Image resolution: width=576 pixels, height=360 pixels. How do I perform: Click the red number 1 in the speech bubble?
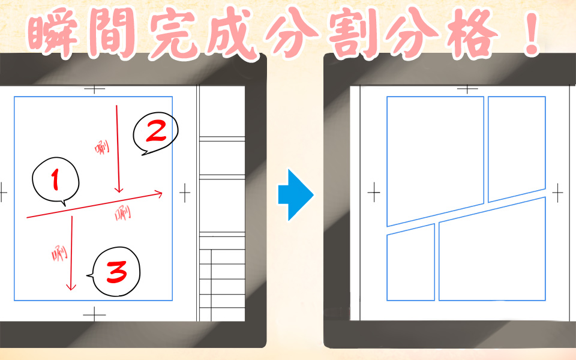click(55, 179)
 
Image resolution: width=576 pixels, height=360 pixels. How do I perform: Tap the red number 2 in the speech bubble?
click(156, 131)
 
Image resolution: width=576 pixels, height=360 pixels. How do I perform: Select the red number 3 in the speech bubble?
click(117, 272)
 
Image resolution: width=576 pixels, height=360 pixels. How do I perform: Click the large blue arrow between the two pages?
click(296, 194)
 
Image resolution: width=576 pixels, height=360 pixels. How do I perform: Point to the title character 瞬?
click(53, 32)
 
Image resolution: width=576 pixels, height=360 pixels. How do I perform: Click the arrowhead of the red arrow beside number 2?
click(118, 190)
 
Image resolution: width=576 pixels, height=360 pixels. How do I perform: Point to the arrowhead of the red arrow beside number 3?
click(71, 287)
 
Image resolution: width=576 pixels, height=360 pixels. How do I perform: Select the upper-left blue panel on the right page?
click(436, 161)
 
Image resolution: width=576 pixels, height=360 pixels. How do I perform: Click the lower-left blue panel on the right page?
click(410, 265)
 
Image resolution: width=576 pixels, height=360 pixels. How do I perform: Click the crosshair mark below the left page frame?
click(94, 315)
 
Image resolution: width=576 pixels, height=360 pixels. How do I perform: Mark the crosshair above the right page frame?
click(467, 89)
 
